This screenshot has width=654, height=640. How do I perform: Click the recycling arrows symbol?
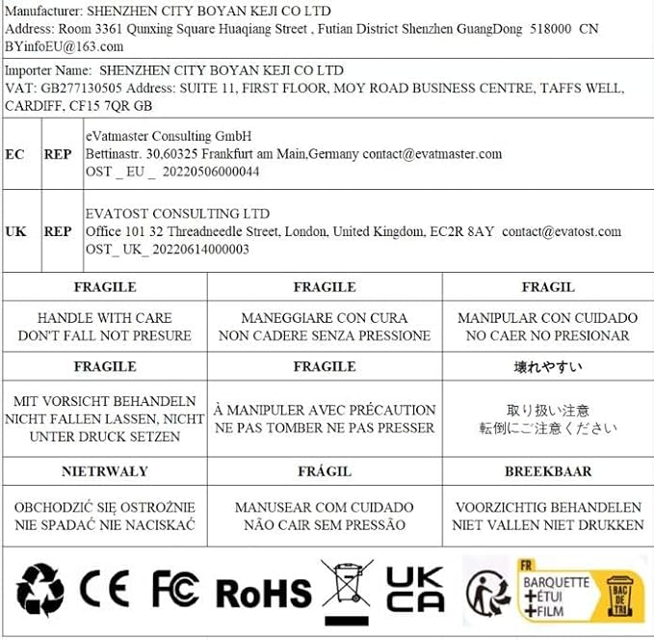click(40, 590)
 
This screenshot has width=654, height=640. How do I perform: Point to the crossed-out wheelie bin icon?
click(346, 590)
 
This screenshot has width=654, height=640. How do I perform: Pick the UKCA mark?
click(415, 590)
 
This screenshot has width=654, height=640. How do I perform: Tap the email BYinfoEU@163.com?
click(64, 46)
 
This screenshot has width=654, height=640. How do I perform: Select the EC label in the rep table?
click(15, 154)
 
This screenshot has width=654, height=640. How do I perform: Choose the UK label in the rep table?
click(15, 231)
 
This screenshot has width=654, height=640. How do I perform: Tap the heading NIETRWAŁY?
click(105, 471)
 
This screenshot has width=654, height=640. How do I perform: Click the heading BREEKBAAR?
click(547, 471)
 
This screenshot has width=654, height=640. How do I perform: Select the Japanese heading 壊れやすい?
click(547, 367)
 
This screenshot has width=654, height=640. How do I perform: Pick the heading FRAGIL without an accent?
click(547, 286)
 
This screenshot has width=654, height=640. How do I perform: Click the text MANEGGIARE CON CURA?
click(325, 317)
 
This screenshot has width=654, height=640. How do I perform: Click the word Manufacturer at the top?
click(41, 11)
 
